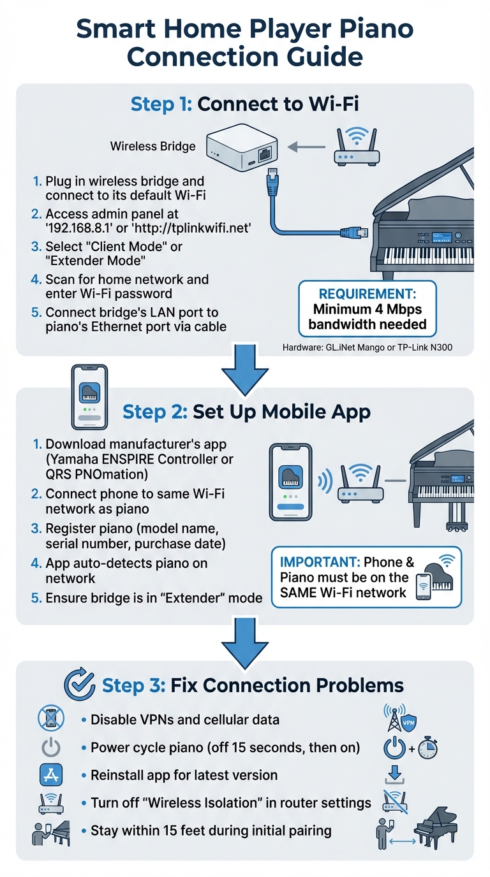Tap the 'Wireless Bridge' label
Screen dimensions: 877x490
click(153, 146)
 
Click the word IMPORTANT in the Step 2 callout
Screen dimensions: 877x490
click(319, 562)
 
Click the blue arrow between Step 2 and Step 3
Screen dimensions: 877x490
click(244, 640)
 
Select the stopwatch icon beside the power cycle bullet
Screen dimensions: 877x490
click(427, 749)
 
